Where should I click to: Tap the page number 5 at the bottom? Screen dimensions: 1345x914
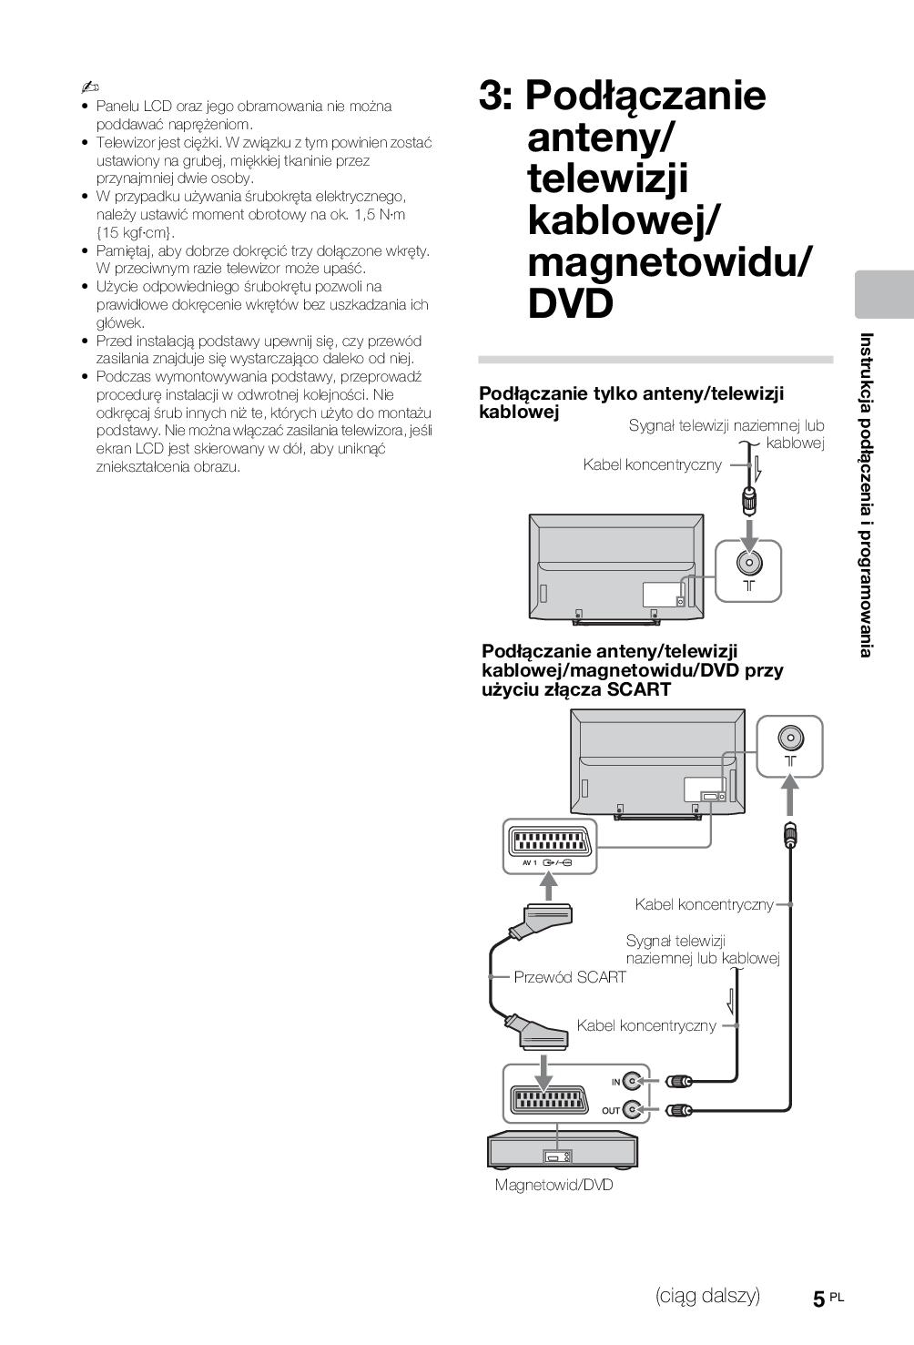click(x=819, y=1299)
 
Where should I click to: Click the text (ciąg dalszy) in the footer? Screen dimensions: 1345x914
click(x=707, y=1296)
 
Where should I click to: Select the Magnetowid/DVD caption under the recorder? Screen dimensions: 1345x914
click(x=553, y=1185)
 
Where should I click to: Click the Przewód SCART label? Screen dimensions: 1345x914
click(x=570, y=977)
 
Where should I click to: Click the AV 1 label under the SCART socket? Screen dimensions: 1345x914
click(x=530, y=861)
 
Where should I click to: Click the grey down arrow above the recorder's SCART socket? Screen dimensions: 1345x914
click(x=543, y=1071)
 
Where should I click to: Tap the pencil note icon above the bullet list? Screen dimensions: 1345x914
click(x=89, y=87)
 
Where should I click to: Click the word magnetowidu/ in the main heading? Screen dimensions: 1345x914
click(x=669, y=263)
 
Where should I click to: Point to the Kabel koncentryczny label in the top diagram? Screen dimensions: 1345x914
click(x=652, y=465)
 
